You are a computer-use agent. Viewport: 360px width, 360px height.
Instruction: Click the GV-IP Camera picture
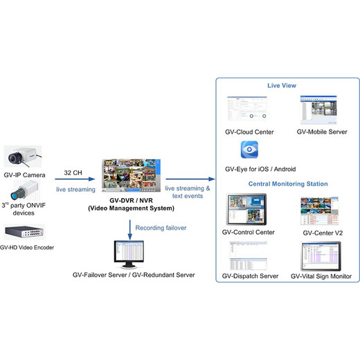pyautogui.click(x=23, y=156)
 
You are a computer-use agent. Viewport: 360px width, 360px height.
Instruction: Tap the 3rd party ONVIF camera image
pyautogui.click(x=25, y=190)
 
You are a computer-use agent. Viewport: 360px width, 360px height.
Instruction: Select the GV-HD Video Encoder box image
pyautogui.click(x=24, y=232)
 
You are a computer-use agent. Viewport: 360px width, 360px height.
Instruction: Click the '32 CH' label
pyautogui.click(x=73, y=172)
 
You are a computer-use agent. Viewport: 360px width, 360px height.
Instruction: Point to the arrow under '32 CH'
pyautogui.click(x=75, y=179)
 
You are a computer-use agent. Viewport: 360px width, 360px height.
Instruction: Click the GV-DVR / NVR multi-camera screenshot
pyautogui.click(x=131, y=175)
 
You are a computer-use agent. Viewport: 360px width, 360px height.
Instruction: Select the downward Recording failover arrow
pyautogui.click(x=130, y=230)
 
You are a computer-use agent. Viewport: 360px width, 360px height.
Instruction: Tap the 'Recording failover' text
pyautogui.click(x=161, y=228)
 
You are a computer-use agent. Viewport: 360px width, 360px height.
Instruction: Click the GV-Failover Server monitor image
pyautogui.click(x=129, y=254)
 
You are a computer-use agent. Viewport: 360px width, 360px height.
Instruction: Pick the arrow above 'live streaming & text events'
pyautogui.click(x=190, y=179)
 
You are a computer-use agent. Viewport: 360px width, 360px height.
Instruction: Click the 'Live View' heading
pyautogui.click(x=282, y=86)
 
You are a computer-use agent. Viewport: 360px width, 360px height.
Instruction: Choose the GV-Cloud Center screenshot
pyautogui.click(x=247, y=108)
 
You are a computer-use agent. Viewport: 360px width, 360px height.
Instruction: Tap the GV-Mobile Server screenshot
pyautogui.click(x=318, y=109)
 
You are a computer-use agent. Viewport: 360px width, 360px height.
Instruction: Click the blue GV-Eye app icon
pyautogui.click(x=249, y=150)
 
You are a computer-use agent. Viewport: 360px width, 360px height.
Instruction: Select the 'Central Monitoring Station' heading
pyautogui.click(x=288, y=184)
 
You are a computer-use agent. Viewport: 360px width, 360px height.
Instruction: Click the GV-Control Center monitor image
pyautogui.click(x=246, y=210)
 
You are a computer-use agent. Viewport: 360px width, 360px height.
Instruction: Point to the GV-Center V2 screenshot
pyautogui.click(x=319, y=211)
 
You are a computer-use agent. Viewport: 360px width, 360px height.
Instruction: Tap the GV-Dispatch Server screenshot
pyautogui.click(x=249, y=255)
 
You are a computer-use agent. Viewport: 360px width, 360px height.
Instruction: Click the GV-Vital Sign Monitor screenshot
pyautogui.click(x=321, y=256)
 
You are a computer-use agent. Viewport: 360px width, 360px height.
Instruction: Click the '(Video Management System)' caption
pyautogui.click(x=131, y=208)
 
